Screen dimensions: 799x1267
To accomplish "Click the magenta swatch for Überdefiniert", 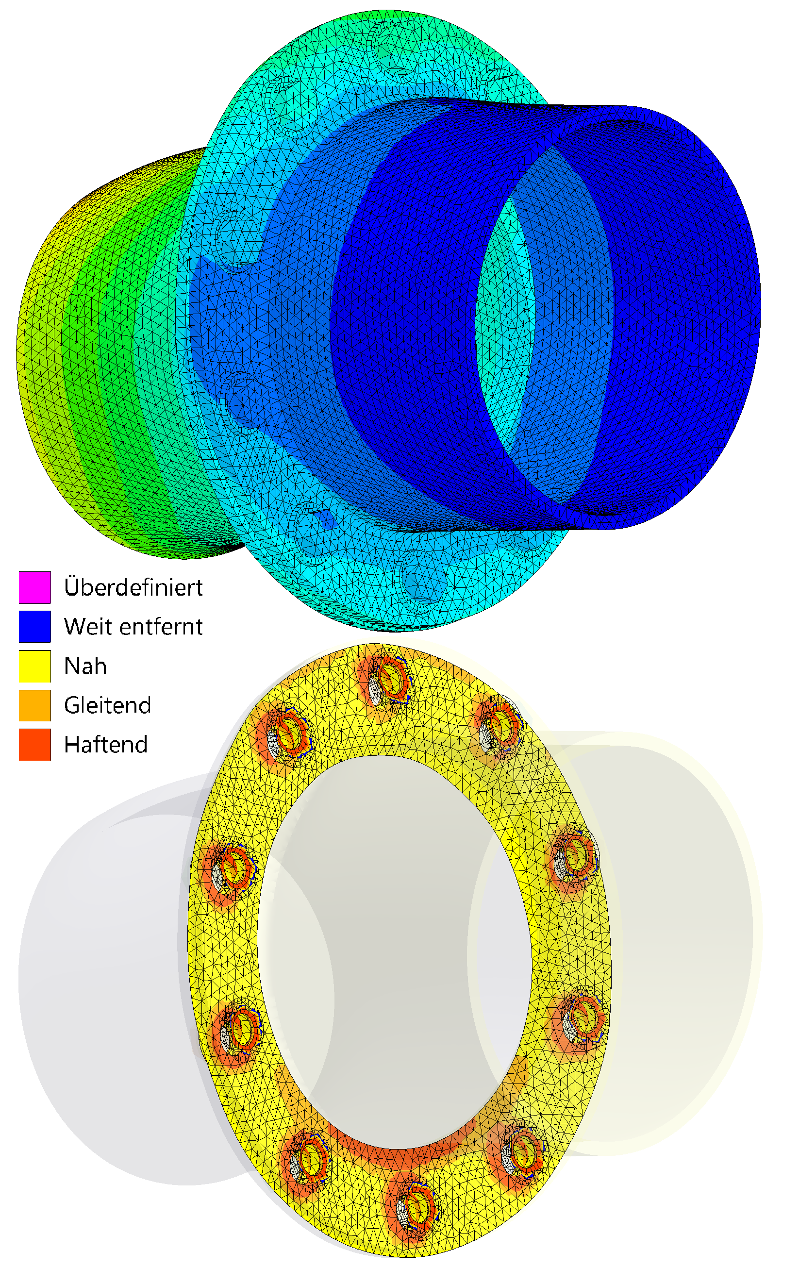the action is click(x=35, y=587).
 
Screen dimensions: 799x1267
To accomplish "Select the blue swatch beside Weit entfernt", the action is click(x=35, y=626).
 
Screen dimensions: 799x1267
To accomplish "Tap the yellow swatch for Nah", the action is click(x=35, y=666).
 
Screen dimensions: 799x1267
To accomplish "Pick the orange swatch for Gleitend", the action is click(x=35, y=705).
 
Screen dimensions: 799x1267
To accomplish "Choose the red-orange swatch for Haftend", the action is click(x=35, y=745).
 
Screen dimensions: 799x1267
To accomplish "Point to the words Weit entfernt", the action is click(x=133, y=627).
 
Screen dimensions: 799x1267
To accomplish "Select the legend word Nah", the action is click(x=85, y=666).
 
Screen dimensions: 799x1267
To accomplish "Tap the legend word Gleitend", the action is click(x=107, y=705).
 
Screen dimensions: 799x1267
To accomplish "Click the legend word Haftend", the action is click(x=106, y=745).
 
